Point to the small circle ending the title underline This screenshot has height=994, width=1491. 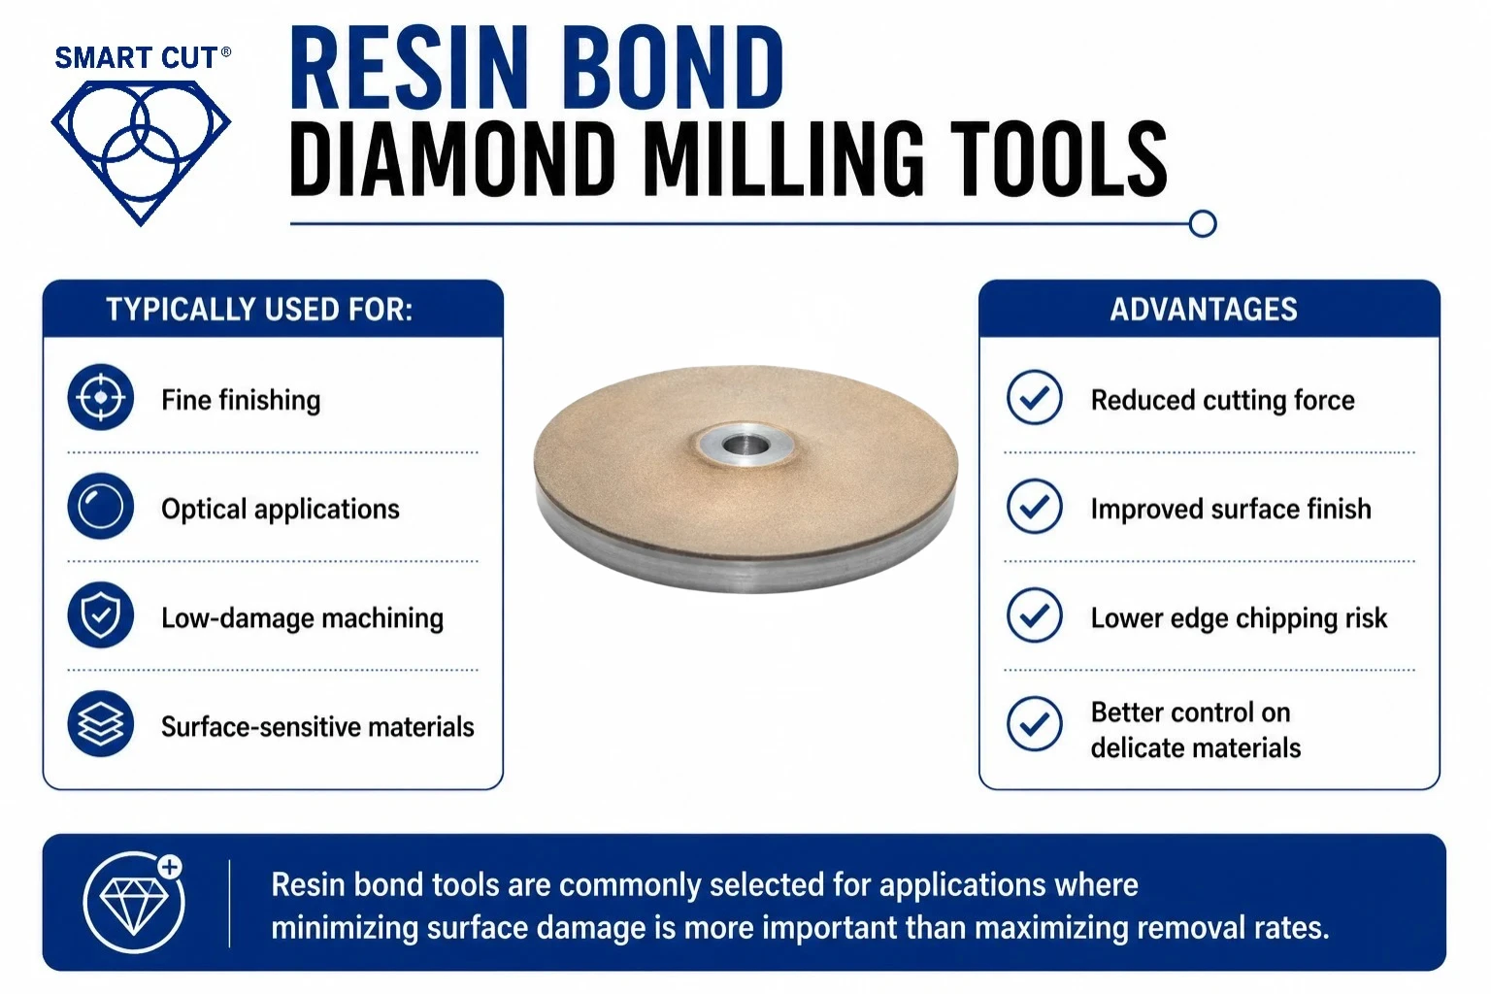(x=1202, y=223)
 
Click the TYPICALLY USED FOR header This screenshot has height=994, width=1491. (x=259, y=310)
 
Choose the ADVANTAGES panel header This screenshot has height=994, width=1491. (x=1204, y=310)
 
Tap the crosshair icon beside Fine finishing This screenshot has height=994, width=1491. (x=101, y=397)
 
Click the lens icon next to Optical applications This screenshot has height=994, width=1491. (x=101, y=507)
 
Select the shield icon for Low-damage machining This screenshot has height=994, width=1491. (x=101, y=615)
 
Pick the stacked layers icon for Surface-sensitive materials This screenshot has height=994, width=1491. (x=101, y=724)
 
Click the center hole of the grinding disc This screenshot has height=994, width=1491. (x=745, y=444)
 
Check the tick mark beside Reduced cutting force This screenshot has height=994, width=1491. (x=1034, y=397)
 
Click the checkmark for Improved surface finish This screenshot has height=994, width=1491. (x=1034, y=507)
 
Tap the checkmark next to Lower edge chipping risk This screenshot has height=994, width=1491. (x=1034, y=615)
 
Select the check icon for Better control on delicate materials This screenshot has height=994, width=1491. (x=1034, y=724)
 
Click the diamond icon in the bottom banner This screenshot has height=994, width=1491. (x=135, y=902)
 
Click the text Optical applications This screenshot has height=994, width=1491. (x=281, y=510)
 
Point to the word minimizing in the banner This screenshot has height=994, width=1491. (x=345, y=928)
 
